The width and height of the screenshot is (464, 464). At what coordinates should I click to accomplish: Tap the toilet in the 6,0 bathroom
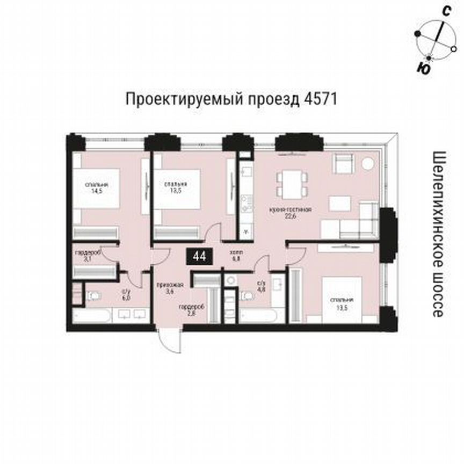[93, 295]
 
